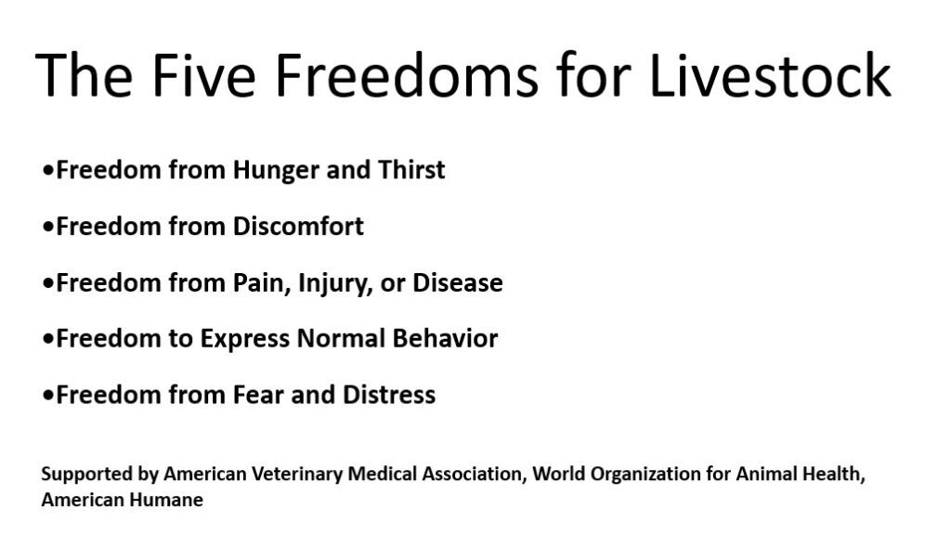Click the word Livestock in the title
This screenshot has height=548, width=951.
click(x=770, y=74)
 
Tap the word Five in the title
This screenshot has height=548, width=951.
click(x=203, y=74)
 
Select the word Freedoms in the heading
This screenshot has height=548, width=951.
click(x=407, y=74)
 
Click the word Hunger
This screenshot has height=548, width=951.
click(x=276, y=171)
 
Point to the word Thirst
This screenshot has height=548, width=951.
click(x=411, y=169)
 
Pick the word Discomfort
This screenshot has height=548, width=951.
click(x=298, y=227)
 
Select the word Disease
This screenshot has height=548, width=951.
click(x=458, y=282)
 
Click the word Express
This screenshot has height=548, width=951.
click(x=245, y=339)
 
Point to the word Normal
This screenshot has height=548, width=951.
click(x=342, y=339)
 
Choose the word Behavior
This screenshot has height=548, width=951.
click(x=445, y=339)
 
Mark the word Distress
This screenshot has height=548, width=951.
click(x=389, y=395)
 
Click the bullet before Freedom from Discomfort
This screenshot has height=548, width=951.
click(x=48, y=227)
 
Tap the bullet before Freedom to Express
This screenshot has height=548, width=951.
click(x=48, y=339)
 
